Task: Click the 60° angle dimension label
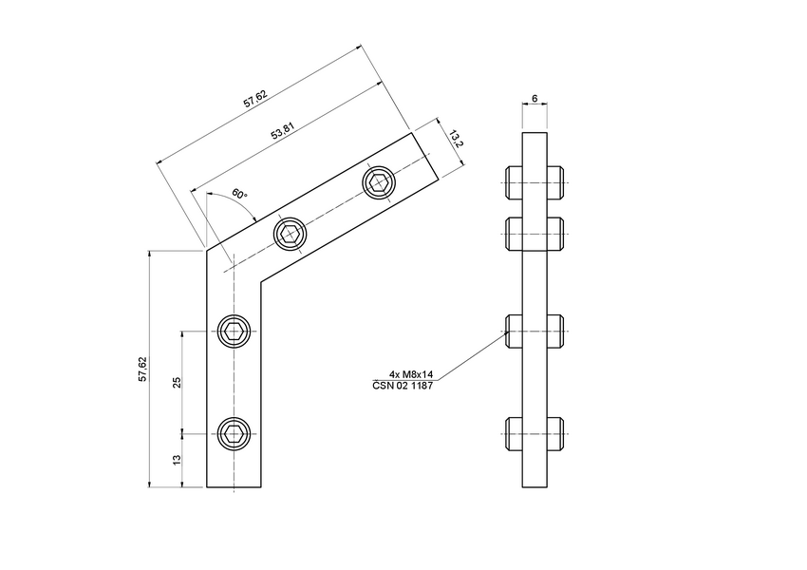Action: click(x=238, y=195)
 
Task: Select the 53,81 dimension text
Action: click(x=282, y=132)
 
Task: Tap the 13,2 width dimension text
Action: click(x=455, y=139)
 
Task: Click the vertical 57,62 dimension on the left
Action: click(x=142, y=370)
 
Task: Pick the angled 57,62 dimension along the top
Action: click(x=254, y=98)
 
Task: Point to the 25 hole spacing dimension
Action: click(x=177, y=382)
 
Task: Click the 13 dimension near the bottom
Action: click(x=177, y=461)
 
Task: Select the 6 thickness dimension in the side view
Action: click(x=535, y=99)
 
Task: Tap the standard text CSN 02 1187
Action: click(x=403, y=386)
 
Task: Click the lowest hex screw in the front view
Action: click(x=234, y=434)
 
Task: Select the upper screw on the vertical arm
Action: click(x=234, y=331)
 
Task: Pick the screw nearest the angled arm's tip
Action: click(x=380, y=182)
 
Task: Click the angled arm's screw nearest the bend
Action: click(x=291, y=234)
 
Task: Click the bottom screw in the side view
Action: click(x=535, y=434)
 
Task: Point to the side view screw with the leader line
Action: click(x=535, y=331)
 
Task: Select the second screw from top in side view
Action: click(x=535, y=232)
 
